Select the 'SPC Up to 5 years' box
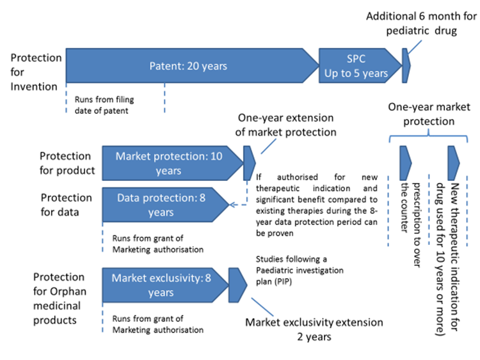pos(360,65)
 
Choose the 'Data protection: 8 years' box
pos(166,205)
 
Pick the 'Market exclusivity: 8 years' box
pos(166,285)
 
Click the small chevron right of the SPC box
pos(406,65)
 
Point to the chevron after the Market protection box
pos(249,163)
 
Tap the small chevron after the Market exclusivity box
pos(237,285)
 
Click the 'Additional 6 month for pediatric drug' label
pos(421,23)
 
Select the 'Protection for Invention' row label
pos(36,72)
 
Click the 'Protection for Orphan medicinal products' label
pos(60,299)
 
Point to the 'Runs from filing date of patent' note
pos(104,105)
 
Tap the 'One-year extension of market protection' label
pos(285,125)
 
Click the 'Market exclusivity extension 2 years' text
pos(314,329)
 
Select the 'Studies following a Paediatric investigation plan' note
pos(300,270)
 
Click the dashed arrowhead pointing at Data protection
pos(232,205)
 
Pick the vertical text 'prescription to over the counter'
pos(411,224)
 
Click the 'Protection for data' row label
pos(66,205)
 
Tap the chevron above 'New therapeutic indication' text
pos(453,163)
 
